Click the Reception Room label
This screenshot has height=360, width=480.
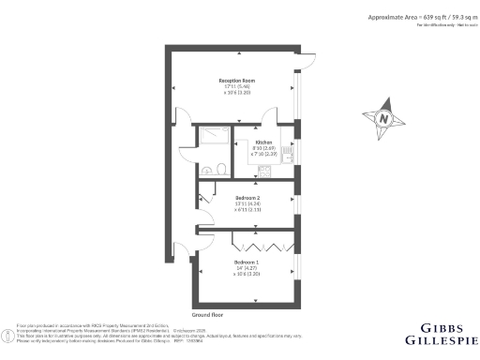coord(231,82)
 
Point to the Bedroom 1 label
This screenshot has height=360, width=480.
coord(247,260)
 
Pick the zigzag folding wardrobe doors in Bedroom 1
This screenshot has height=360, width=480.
coord(262,236)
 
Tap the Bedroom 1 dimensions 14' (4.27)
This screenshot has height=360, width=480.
coord(247,267)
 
